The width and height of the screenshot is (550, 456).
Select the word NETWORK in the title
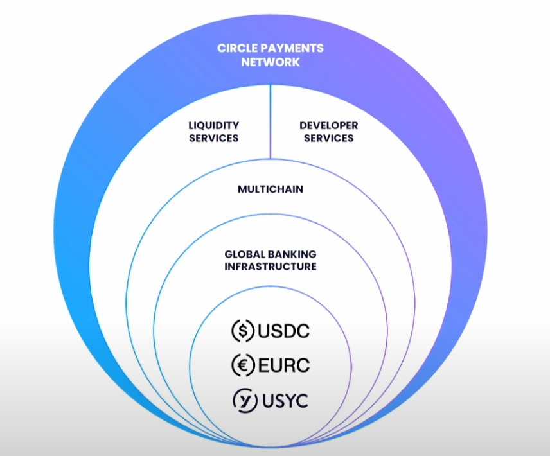[271, 62]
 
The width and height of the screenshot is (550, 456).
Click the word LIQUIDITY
[214, 125]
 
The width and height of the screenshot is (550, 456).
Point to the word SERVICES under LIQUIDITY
[214, 137]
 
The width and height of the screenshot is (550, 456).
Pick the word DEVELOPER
[328, 125]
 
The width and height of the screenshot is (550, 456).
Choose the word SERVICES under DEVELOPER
[328, 137]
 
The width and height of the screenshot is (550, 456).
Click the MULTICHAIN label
[271, 189]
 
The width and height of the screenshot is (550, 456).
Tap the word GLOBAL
[242, 254]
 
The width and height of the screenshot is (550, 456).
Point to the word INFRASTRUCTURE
[271, 266]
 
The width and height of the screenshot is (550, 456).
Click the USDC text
[283, 331]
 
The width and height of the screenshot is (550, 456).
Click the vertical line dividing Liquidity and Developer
[270, 122]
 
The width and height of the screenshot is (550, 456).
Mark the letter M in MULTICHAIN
[242, 189]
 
